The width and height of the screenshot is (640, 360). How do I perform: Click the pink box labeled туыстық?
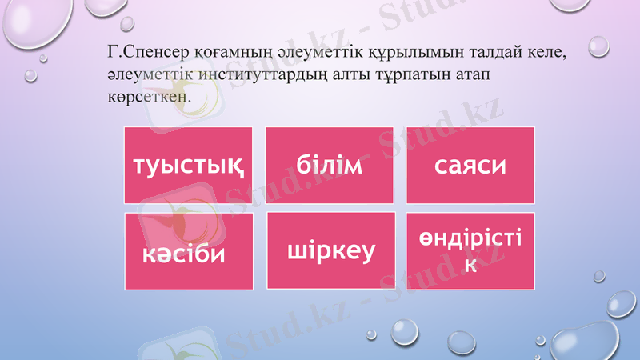188,165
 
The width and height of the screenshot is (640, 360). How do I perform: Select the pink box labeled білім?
330,165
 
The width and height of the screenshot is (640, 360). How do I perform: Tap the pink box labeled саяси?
470,165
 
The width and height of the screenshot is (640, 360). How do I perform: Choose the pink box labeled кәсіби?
189,250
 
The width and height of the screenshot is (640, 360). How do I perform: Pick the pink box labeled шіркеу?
331,250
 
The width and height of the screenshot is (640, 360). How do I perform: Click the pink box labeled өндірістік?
470,250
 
